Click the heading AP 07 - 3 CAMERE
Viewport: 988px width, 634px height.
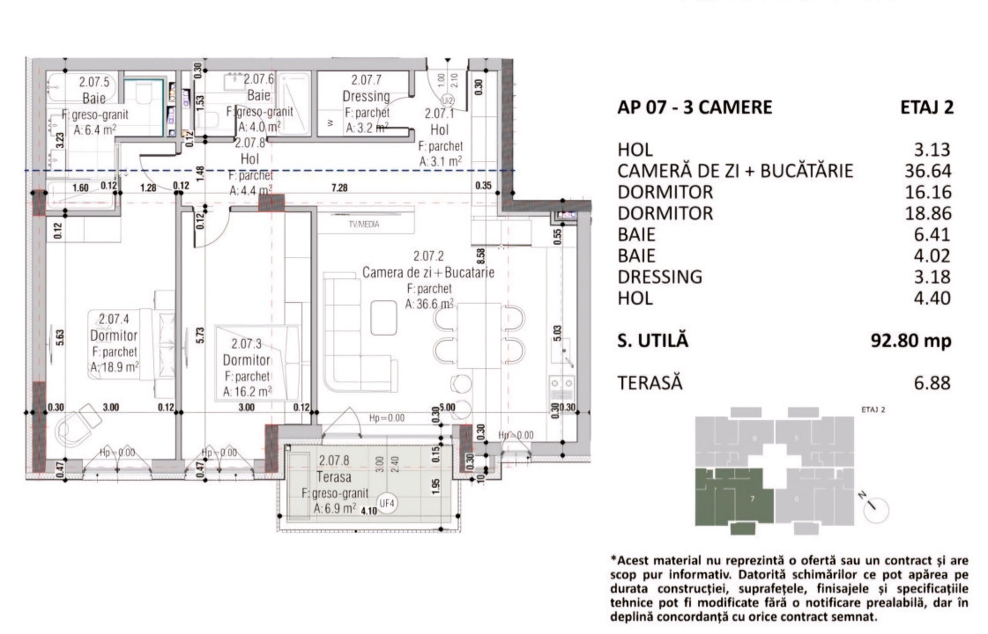(695, 107)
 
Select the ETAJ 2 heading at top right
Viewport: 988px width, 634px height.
(925, 107)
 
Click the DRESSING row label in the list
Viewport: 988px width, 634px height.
(660, 276)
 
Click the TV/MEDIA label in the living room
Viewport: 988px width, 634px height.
(361, 225)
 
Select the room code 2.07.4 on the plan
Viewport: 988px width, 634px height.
(114, 320)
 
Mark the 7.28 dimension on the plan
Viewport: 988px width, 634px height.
(338, 186)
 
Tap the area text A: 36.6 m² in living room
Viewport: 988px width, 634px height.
(429, 303)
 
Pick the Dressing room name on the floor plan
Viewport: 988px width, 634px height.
(366, 96)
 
